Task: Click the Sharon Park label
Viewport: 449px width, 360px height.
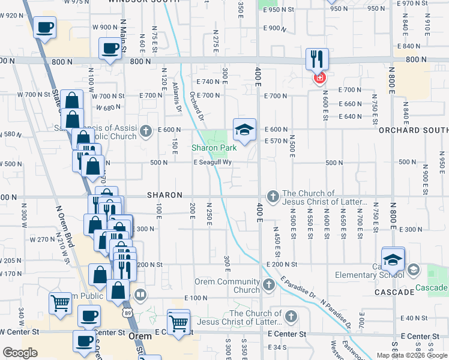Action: tap(214, 148)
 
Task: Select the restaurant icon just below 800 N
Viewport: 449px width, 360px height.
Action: tap(317, 59)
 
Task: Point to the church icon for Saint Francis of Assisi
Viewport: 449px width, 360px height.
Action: tap(145, 130)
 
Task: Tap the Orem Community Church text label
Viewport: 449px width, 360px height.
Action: tap(238, 286)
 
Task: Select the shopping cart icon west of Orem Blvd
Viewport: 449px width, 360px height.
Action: tap(60, 303)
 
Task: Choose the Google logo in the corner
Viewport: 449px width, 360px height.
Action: tap(20, 352)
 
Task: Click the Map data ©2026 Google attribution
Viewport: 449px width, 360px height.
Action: tap(412, 355)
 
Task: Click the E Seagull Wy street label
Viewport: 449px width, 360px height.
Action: tap(212, 163)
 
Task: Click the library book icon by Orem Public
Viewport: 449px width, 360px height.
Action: tap(140, 295)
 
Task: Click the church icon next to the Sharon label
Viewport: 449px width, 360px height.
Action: tap(273, 196)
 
